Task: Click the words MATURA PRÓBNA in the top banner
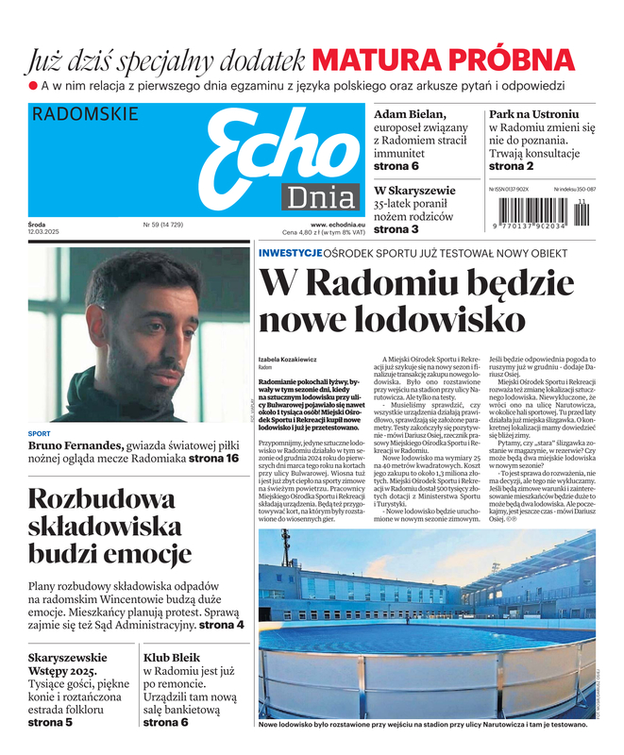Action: [443, 59]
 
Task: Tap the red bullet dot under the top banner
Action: [32, 86]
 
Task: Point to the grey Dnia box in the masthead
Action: [320, 199]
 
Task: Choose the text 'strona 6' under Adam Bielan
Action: [396, 166]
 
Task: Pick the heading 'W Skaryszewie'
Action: [414, 190]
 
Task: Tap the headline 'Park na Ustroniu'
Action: [533, 114]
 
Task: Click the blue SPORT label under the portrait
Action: [40, 434]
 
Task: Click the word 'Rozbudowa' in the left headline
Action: [88, 499]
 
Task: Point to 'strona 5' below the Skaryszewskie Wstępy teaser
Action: [50, 722]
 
